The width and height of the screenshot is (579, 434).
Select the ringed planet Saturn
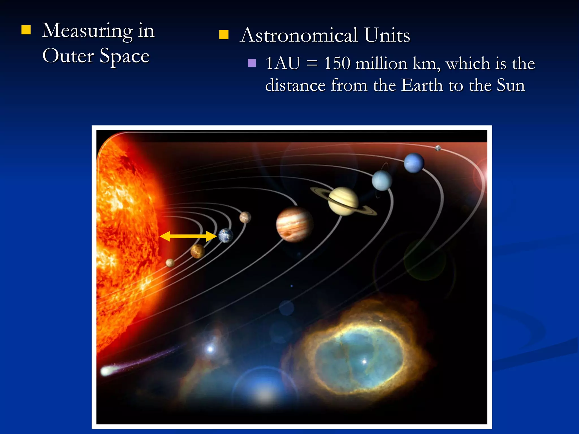[x=343, y=201]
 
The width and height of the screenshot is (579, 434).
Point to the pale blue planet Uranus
[x=382, y=181]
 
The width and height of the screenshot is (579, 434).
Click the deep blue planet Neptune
[x=414, y=163]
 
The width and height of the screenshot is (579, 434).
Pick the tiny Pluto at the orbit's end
[x=438, y=148]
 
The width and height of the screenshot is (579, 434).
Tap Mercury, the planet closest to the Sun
[x=170, y=263]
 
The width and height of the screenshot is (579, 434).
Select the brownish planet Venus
[x=197, y=251]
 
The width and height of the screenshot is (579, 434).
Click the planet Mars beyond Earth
[x=245, y=217]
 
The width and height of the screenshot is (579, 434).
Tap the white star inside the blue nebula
[x=364, y=361]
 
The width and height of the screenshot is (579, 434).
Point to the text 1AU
[x=282, y=63]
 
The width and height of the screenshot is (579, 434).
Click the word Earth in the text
[x=422, y=85]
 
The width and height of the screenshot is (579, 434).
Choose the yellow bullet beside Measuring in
[x=26, y=30]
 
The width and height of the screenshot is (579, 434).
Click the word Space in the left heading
[x=124, y=56]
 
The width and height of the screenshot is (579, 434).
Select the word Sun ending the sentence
[x=511, y=85]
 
